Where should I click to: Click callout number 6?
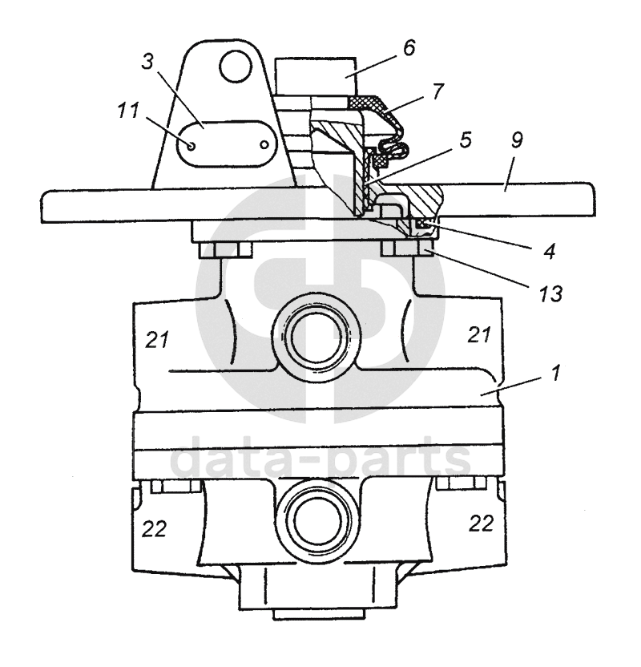point(408,49)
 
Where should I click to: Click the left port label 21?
point(157,340)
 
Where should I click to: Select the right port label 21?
point(479,335)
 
